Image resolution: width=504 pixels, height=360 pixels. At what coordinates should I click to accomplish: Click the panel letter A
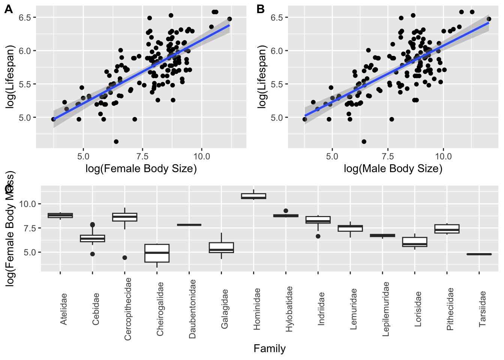pyautogui.click(x=8, y=9)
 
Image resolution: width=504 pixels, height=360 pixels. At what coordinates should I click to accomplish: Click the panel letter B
pyautogui.click(x=261, y=9)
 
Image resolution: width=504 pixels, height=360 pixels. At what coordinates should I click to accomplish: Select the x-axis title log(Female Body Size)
pyautogui.click(x=141, y=169)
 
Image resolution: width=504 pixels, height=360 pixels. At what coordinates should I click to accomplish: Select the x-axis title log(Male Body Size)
pyautogui.click(x=393, y=169)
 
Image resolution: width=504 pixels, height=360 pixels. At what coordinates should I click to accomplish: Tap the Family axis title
pyautogui.click(x=269, y=349)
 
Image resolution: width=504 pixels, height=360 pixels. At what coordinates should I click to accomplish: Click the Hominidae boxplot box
pyautogui.click(x=254, y=196)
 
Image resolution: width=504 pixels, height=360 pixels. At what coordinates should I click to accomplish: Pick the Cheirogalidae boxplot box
pyautogui.click(x=157, y=253)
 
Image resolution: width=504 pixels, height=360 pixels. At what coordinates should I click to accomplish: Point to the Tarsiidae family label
pyautogui.click(x=483, y=309)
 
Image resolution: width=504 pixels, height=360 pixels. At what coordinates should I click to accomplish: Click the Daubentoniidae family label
pyautogui.click(x=192, y=309)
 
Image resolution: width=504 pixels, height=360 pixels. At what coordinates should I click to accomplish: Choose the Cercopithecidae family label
pyautogui.click(x=128, y=309)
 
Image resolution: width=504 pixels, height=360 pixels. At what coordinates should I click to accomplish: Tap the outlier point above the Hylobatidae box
pyautogui.click(x=286, y=211)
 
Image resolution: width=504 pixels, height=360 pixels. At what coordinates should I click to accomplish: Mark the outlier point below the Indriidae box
pyautogui.click(x=318, y=236)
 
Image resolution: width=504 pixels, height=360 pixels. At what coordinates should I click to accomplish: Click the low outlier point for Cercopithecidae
pyautogui.click(x=125, y=258)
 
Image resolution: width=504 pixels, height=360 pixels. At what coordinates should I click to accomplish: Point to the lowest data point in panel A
pyautogui.click(x=116, y=141)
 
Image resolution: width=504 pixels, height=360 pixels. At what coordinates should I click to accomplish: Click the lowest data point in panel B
pyautogui.click(x=364, y=141)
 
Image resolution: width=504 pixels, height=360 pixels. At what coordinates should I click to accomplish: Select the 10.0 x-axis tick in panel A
pyautogui.click(x=202, y=156)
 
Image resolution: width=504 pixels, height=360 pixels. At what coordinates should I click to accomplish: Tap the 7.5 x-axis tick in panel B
pyautogui.click(x=388, y=156)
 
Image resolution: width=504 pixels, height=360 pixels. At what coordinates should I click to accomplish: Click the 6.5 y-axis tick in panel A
pyautogui.click(x=28, y=17)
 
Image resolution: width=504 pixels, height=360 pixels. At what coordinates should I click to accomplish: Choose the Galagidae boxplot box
pyautogui.click(x=222, y=247)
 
